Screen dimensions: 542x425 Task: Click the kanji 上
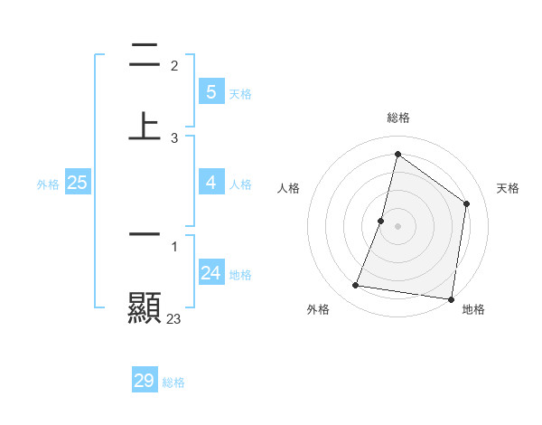coord(145,125)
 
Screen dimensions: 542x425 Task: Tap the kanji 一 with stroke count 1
coord(145,233)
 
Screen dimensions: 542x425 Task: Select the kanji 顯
coord(145,307)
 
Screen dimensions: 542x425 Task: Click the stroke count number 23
coord(174,318)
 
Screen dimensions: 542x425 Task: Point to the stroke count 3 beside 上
coord(174,137)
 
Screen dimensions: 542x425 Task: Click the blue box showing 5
coord(211,91)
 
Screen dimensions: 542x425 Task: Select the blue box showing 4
coord(211,183)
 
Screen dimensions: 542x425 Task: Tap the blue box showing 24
coord(211,273)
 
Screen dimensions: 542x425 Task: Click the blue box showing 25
coord(78,183)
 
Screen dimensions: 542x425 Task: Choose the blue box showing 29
coord(145,381)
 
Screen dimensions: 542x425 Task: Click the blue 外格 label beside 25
coord(48,184)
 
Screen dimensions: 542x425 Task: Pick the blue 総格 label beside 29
coord(173,382)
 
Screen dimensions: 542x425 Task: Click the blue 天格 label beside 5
coord(240,93)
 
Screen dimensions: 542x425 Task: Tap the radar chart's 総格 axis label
coord(397,118)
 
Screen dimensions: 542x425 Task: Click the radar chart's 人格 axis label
coord(288,188)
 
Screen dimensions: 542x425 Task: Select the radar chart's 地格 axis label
coord(473,309)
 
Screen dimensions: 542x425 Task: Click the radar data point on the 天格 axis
coord(467,203)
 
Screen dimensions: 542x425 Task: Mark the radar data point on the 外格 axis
coord(356,286)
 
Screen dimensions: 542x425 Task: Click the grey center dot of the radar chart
coord(397,225)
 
